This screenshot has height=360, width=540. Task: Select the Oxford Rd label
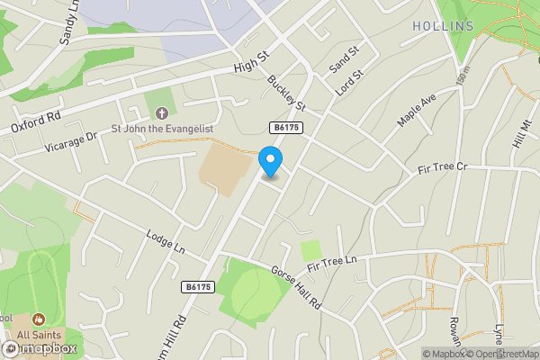36,122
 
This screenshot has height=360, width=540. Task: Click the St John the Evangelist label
162,129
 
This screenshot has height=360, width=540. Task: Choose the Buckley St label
287,94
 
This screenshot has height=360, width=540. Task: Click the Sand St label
344,60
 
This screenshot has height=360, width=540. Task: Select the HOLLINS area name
443,26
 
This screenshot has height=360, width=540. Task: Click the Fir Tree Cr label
444,168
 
